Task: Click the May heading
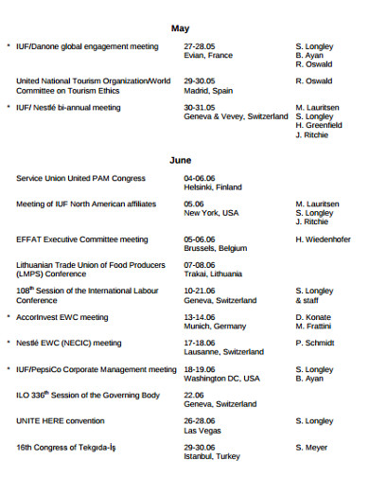[x=180, y=28]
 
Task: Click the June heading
[x=180, y=160]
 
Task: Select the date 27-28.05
[x=200, y=45]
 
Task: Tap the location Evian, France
[x=208, y=55]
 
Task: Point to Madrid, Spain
[x=208, y=91]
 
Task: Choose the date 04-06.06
[x=200, y=177]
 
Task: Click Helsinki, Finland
[x=213, y=186]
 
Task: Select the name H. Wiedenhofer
[x=323, y=239]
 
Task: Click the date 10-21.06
[x=200, y=291]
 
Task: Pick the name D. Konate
[x=312, y=317]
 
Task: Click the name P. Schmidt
[x=314, y=343]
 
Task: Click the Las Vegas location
[x=202, y=430]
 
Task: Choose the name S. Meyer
[x=311, y=447]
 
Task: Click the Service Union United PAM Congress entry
[x=80, y=178]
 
